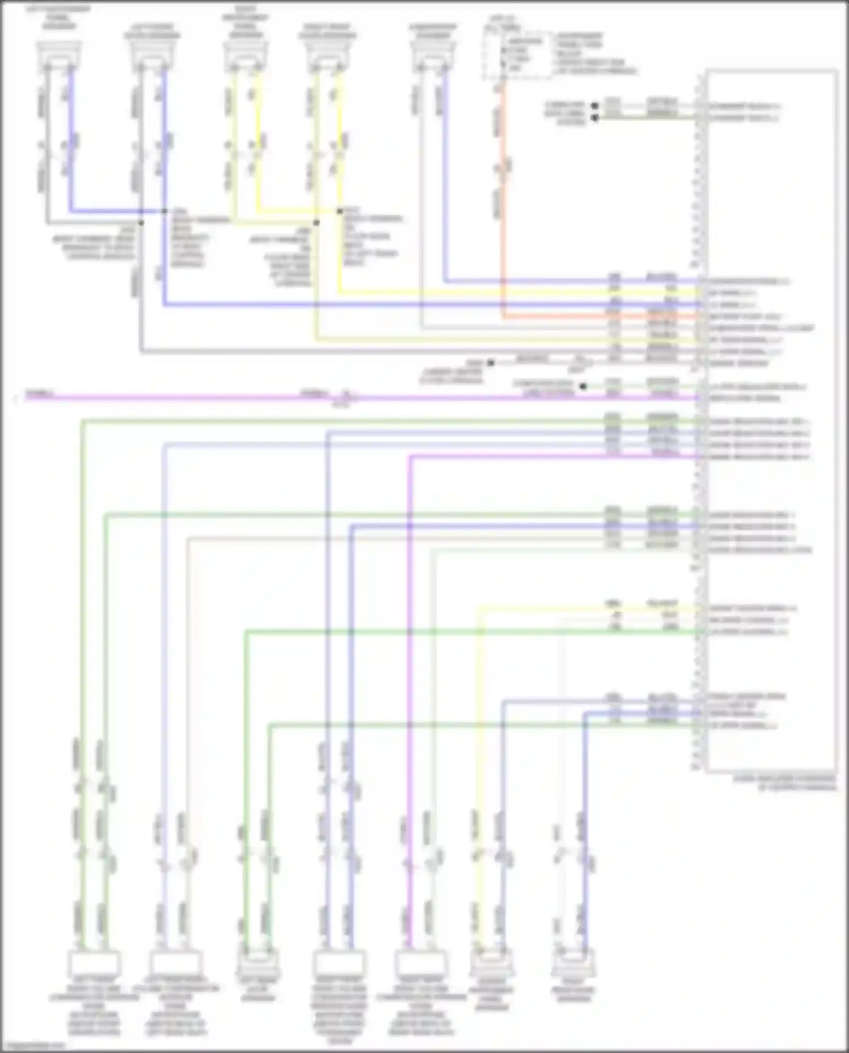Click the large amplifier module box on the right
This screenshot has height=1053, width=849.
[771, 419]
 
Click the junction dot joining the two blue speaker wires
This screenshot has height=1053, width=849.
[164, 212]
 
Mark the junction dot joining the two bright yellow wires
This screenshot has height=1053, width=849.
[340, 212]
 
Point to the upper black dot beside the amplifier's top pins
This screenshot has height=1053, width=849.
[594, 106]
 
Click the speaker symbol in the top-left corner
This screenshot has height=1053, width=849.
[59, 57]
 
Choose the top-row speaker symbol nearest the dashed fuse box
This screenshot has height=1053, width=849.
[433, 57]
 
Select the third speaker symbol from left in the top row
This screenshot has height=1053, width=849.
[245, 57]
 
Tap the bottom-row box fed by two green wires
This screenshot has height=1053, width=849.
[94, 964]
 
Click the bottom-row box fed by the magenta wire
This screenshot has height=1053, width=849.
[420, 964]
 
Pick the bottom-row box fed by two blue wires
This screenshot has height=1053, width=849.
[338, 964]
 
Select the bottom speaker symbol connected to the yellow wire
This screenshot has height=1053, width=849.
[491, 964]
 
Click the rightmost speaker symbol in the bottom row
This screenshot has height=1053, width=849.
[573, 964]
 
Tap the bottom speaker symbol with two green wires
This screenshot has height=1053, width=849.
[258, 964]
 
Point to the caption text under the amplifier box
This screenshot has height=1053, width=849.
[784, 783]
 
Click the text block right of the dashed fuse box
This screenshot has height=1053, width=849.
[594, 54]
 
